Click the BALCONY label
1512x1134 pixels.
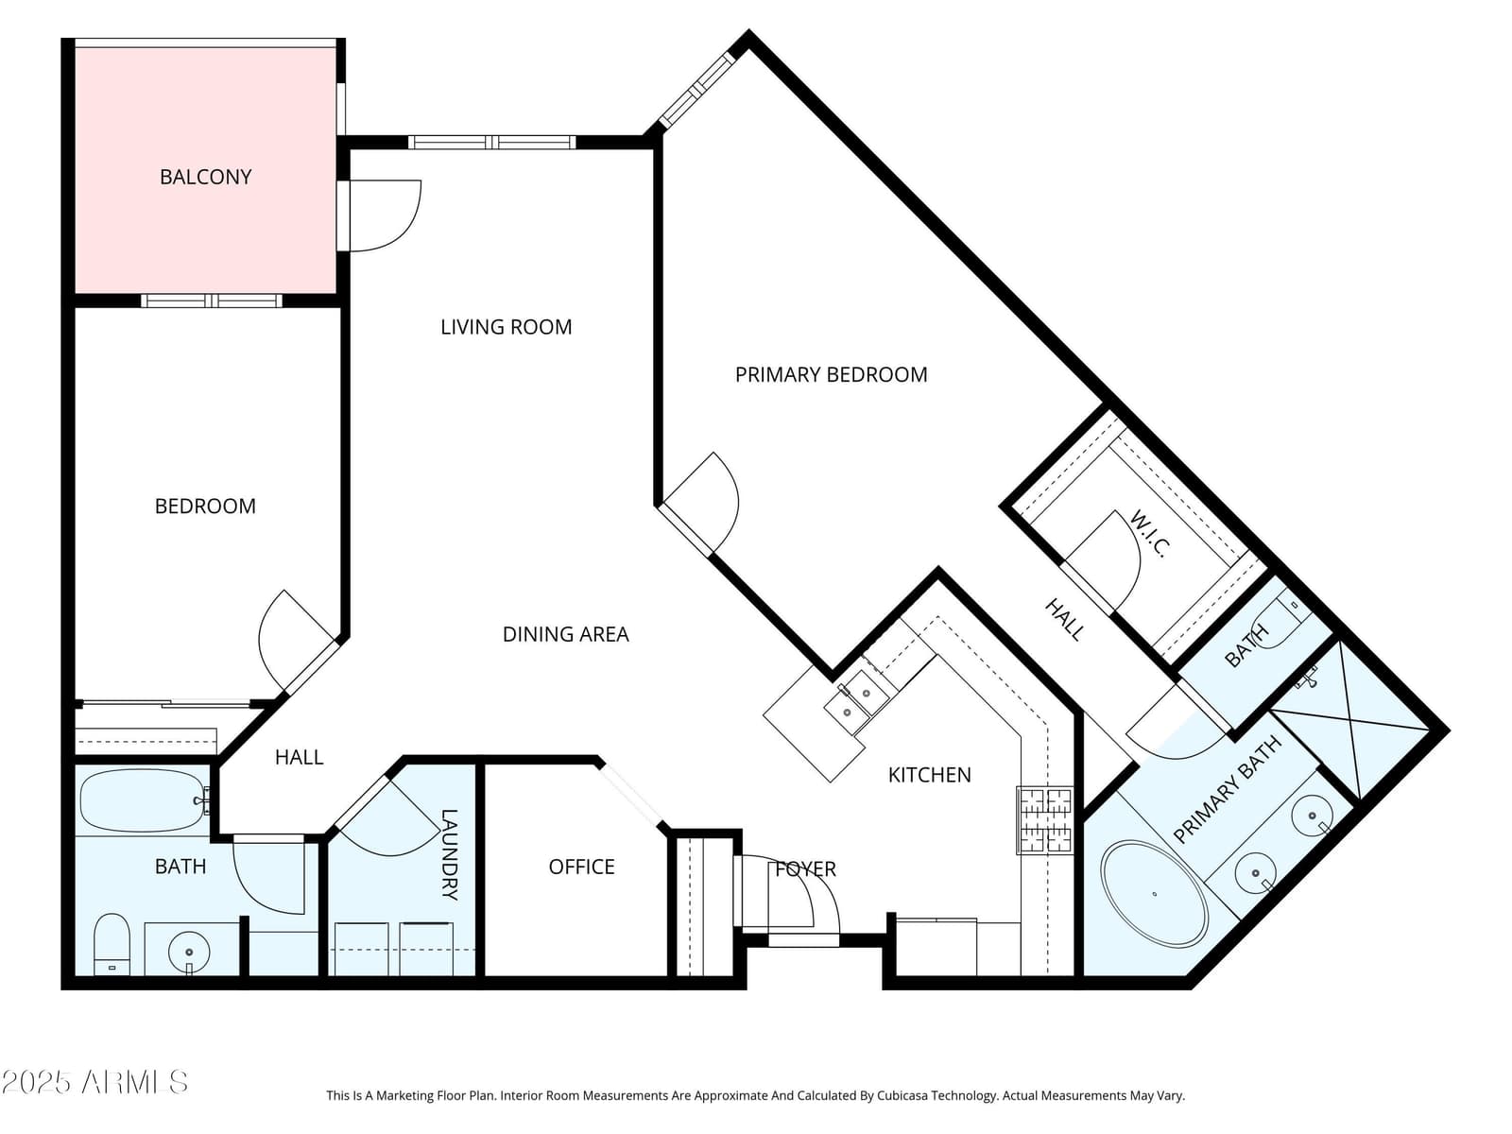[205, 177]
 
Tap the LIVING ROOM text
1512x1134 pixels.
[507, 327]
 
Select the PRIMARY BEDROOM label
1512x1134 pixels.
[831, 374]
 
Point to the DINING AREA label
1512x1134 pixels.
[565, 634]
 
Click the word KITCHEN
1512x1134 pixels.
[929, 775]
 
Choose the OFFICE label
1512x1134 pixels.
[581, 867]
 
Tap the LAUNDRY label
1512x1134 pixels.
[449, 854]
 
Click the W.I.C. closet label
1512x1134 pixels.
[1149, 534]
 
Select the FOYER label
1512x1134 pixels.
[805, 868]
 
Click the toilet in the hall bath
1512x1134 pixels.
[112, 944]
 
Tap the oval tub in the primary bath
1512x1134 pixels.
[1154, 894]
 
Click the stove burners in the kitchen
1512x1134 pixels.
[1044, 820]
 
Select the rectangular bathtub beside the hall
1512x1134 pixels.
[143, 800]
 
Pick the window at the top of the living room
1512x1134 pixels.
[491, 143]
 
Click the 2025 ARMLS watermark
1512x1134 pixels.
[94, 1082]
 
